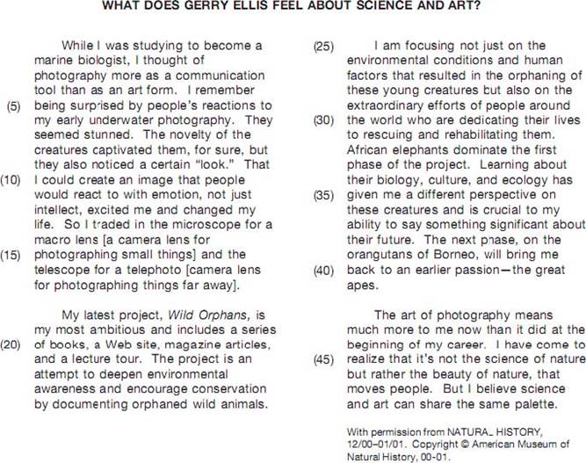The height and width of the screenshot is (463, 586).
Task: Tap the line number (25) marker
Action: (x=323, y=45)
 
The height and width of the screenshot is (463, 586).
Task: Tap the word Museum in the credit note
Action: (x=543, y=446)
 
